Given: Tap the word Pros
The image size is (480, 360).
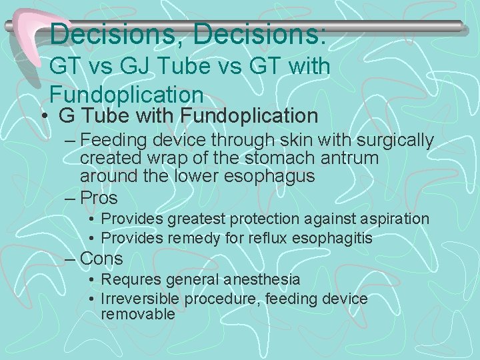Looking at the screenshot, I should tap(99, 198).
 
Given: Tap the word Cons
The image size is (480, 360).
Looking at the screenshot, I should tap(101, 258).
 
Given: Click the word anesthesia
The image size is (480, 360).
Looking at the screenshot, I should tap(262, 279).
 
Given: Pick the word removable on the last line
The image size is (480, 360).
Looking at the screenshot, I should tap(137, 314).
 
